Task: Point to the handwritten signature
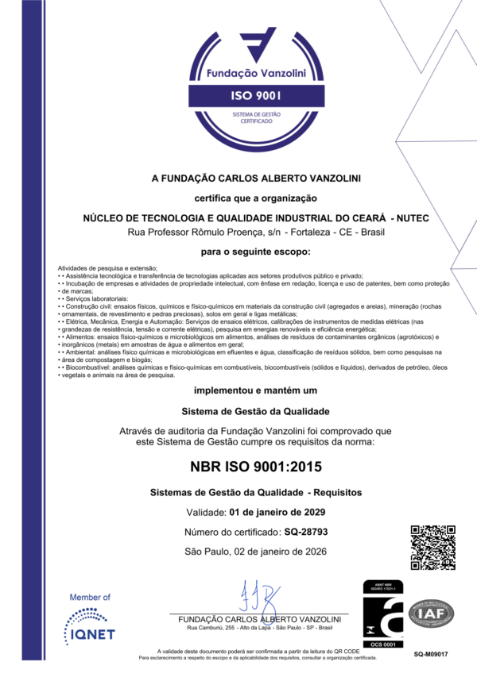click(x=258, y=596)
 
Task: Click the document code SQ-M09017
click(x=431, y=654)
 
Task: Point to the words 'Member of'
click(x=90, y=597)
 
